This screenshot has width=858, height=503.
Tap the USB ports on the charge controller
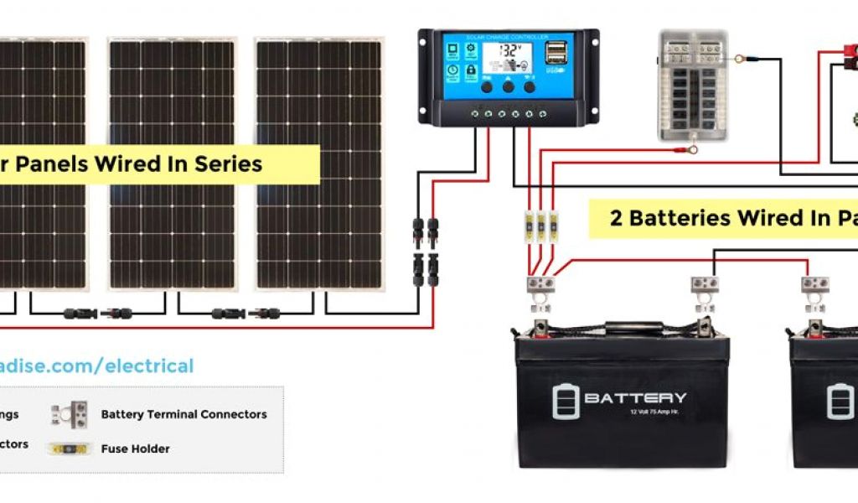pyautogui.click(x=554, y=54)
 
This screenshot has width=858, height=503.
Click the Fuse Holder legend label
pyautogui.click(x=135, y=449)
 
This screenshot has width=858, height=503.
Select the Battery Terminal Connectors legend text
pyautogui.click(x=183, y=414)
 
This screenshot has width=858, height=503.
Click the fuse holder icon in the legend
pyautogui.click(x=69, y=449)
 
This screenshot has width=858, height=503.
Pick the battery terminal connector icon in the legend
pyautogui.click(x=69, y=413)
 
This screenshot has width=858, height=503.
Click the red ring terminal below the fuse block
pyautogui.click(x=692, y=152)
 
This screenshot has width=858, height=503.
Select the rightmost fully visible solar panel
pyautogui.click(x=319, y=163)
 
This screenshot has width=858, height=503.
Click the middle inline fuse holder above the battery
pyautogui.click(x=541, y=226)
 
